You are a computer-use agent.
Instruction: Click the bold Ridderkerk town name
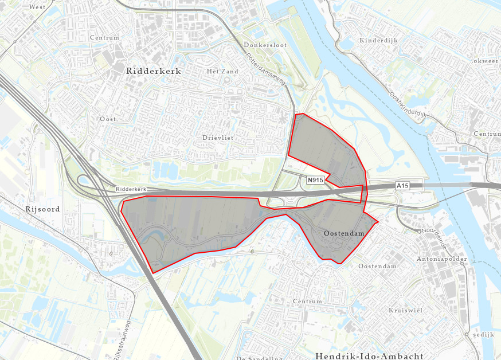(152, 72)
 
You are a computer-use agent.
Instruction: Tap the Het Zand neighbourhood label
(221, 72)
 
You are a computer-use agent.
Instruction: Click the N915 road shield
(316, 180)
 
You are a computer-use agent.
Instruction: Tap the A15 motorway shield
(404, 186)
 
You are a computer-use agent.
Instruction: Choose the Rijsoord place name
(42, 209)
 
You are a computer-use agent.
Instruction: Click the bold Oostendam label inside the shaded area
(344, 234)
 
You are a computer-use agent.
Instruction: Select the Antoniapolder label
(443, 259)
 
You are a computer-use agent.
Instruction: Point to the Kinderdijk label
(378, 41)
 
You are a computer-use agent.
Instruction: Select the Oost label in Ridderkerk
(108, 119)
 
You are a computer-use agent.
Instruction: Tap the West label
(37, 7)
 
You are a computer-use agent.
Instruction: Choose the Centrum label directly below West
(104, 38)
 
